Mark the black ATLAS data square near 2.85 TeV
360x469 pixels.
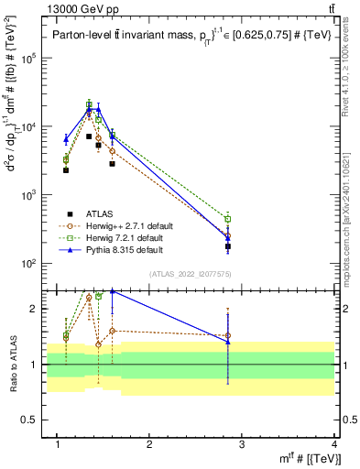228,246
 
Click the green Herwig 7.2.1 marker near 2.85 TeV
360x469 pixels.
228,219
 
